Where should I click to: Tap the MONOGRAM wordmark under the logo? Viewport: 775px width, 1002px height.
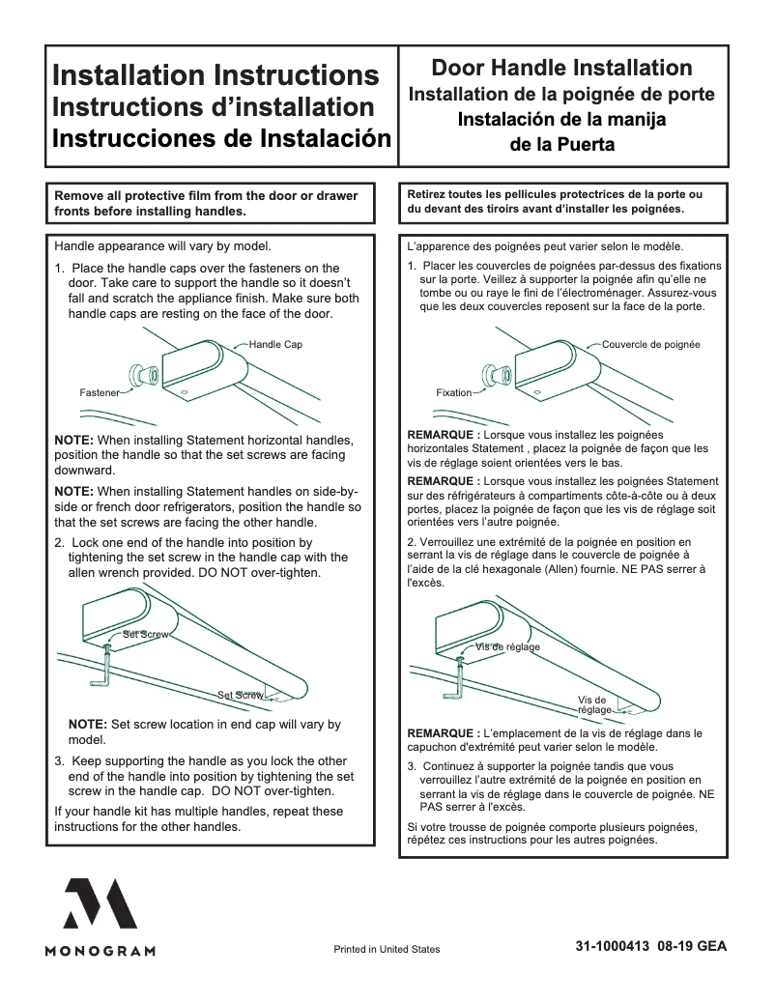click(x=100, y=951)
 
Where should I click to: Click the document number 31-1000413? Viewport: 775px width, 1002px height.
click(x=612, y=947)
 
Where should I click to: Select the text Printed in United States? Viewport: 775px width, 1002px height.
click(x=387, y=949)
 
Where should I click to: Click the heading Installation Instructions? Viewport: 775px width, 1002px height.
click(x=215, y=75)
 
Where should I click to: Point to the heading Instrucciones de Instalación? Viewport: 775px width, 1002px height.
click(x=222, y=137)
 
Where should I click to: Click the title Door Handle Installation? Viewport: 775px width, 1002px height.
click(x=561, y=68)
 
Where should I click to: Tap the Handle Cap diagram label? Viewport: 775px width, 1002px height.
click(x=275, y=345)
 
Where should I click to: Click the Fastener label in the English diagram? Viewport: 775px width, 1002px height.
click(x=100, y=393)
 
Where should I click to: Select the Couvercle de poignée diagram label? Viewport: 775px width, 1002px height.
click(x=650, y=345)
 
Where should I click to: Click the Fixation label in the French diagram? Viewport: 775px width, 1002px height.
click(x=454, y=393)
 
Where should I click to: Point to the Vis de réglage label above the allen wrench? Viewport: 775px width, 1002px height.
click(x=507, y=646)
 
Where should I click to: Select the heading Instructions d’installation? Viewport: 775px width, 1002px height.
click(x=213, y=106)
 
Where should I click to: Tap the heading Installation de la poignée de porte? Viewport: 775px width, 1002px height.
click(x=561, y=95)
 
